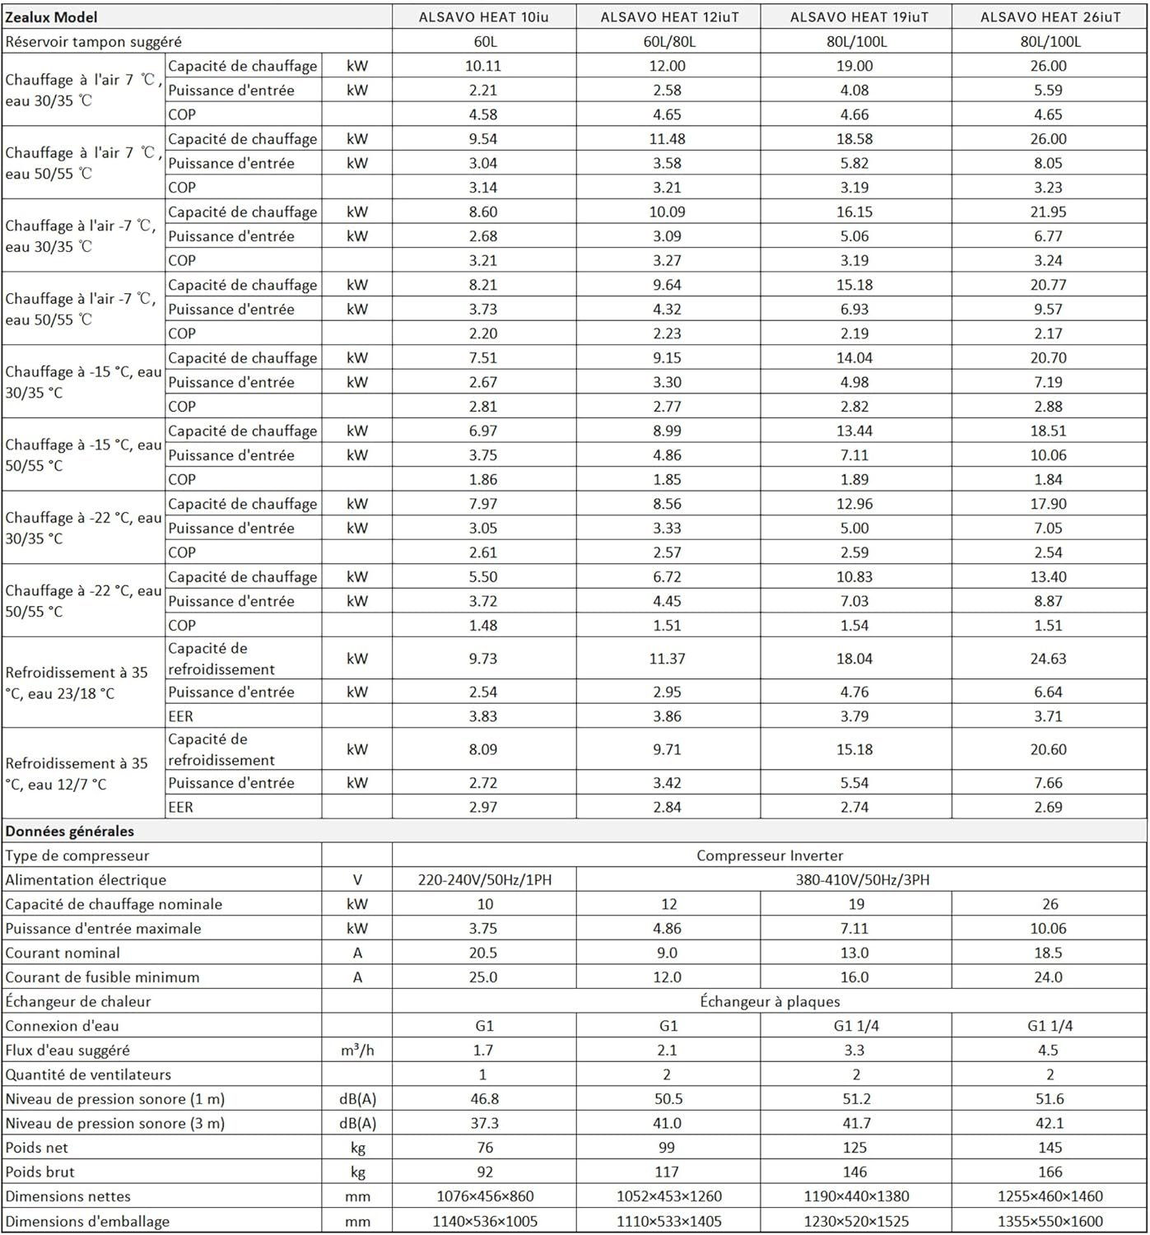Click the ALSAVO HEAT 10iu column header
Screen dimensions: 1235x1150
[483, 17]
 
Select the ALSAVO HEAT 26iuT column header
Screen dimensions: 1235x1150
[1050, 17]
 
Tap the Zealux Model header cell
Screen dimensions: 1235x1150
[51, 17]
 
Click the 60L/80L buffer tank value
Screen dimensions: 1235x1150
[667, 42]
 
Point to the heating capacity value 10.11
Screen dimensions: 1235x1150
[483, 66]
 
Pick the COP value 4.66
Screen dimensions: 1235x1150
[854, 114]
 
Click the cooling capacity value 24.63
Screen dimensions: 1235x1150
[1048, 659]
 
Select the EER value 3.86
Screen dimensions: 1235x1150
[667, 716]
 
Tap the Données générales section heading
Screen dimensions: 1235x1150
[70, 832]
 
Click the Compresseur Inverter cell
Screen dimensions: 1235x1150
[770, 855]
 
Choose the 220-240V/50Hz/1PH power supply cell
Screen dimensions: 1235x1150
[485, 880]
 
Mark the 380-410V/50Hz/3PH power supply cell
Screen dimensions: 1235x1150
[862, 880]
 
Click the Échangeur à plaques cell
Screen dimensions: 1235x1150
[770, 1002]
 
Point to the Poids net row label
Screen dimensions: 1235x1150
[37, 1148]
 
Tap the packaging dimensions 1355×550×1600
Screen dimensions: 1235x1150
[1050, 1221]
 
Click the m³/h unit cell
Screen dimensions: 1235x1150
[357, 1051]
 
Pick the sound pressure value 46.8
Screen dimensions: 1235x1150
[483, 1099]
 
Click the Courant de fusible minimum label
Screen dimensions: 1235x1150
[102, 977]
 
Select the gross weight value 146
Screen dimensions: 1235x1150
[854, 1172]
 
